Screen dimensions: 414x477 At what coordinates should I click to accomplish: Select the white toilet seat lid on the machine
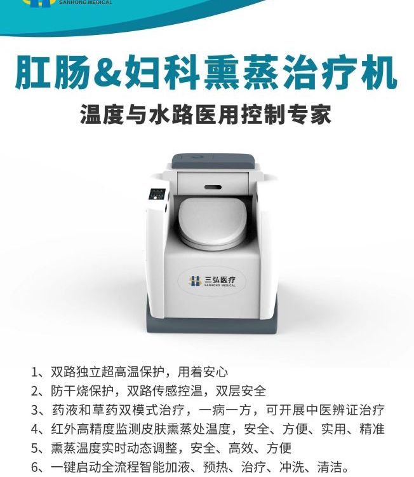tap(212, 221)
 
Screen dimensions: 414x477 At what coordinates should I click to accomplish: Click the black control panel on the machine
tap(157, 195)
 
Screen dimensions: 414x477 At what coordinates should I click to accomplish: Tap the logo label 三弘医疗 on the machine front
tap(212, 281)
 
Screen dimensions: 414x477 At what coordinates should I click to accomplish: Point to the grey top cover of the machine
tap(213, 162)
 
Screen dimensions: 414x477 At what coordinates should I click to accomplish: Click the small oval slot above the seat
tap(213, 186)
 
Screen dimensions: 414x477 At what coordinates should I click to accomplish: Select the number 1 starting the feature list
tap(35, 372)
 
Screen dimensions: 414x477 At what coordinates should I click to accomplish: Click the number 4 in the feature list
tap(35, 429)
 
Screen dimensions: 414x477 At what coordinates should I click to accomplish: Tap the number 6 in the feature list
tap(35, 467)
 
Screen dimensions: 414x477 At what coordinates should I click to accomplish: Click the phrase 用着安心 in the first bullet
tap(203, 372)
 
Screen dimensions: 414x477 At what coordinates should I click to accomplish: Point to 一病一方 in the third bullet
tap(224, 410)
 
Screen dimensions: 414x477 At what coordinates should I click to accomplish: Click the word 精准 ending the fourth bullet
tap(372, 429)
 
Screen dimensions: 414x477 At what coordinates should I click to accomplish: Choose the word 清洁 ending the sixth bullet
tap(330, 467)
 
